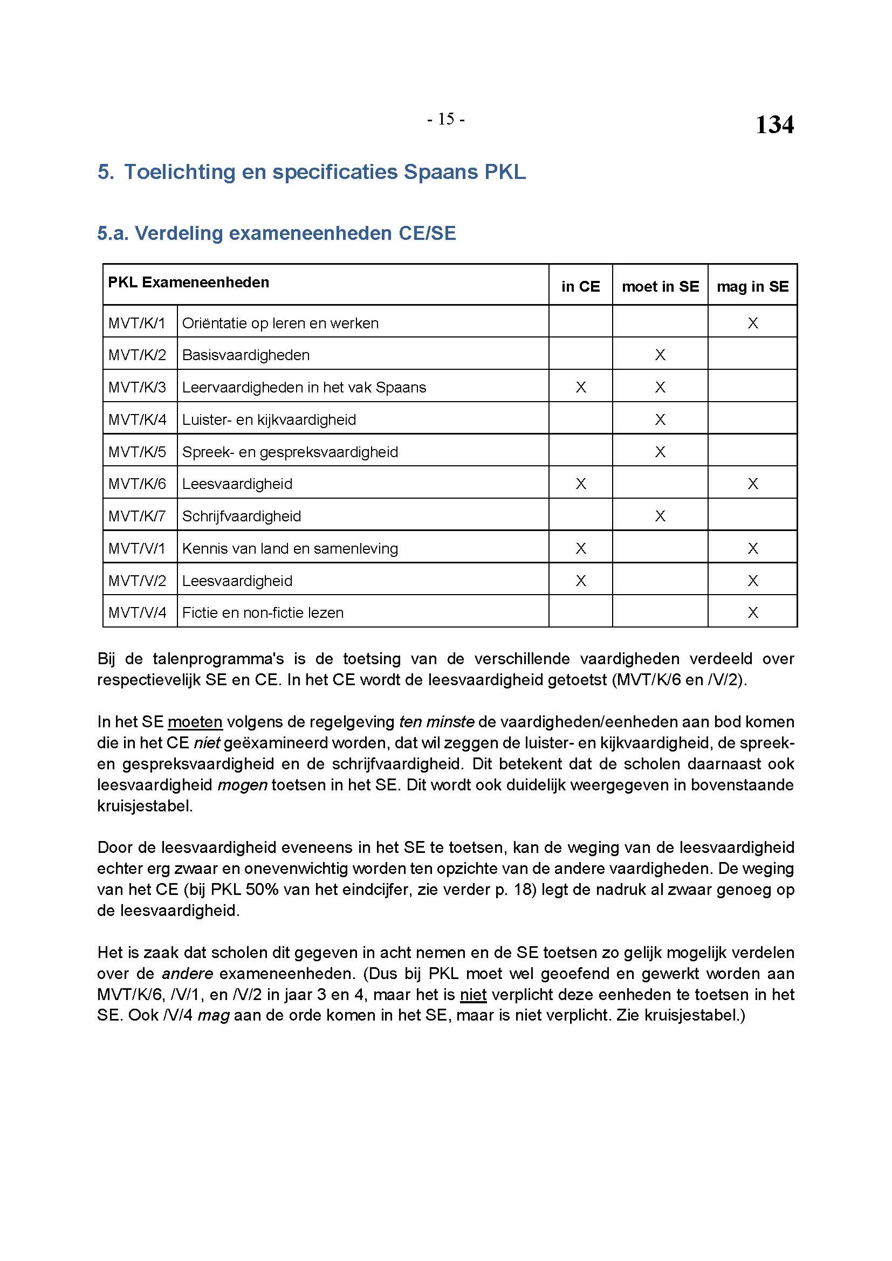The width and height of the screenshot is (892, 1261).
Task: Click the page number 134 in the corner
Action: (774, 125)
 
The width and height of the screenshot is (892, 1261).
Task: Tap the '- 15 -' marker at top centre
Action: (445, 119)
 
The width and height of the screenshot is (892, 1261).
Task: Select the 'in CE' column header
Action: (581, 286)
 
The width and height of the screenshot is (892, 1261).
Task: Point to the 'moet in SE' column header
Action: (660, 286)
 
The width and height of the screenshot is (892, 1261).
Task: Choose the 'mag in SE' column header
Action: (752, 286)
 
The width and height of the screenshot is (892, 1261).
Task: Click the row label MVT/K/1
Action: (137, 323)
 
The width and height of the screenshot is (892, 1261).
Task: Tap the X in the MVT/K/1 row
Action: (752, 323)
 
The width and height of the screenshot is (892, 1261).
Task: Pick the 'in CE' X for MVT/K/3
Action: (581, 387)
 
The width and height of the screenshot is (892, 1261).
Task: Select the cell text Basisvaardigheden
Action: (245, 355)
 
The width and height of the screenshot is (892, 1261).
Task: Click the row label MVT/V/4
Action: (138, 612)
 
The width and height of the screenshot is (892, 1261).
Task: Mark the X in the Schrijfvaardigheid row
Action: (660, 516)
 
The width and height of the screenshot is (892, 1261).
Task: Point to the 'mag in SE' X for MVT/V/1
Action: (752, 548)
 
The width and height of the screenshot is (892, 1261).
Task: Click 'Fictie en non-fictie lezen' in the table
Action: (263, 612)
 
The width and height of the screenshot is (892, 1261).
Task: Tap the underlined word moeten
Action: (195, 722)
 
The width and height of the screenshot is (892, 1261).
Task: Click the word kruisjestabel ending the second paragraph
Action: (145, 805)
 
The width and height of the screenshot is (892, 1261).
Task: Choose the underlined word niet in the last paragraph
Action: (473, 994)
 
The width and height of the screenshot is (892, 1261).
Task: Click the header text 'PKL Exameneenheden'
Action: (188, 282)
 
